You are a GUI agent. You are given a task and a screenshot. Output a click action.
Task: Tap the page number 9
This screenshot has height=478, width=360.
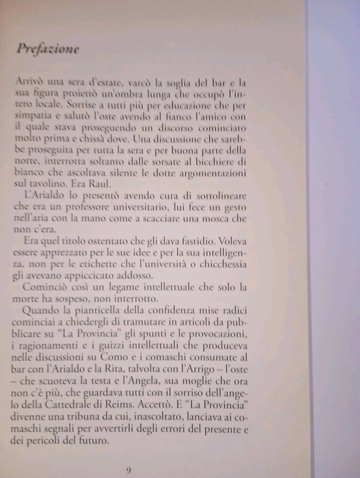click(x=128, y=471)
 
